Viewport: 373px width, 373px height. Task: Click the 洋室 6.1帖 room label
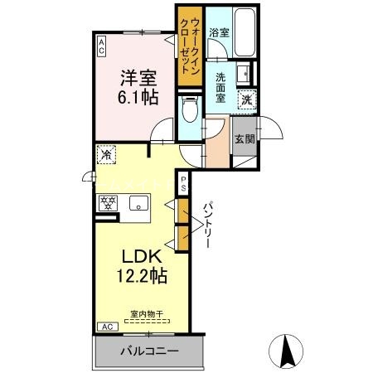click(138, 88)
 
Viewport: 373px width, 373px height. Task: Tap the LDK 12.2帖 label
click(142, 266)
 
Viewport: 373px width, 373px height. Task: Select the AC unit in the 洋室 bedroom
click(102, 46)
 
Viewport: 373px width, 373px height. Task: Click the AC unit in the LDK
click(108, 327)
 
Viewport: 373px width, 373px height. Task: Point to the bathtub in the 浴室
click(245, 31)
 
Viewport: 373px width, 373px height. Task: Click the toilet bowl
click(190, 109)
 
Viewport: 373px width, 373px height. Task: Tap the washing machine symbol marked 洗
click(247, 99)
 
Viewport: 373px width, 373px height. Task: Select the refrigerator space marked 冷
click(106, 155)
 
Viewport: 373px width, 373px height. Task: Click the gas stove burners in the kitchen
click(108, 203)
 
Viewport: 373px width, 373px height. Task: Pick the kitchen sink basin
click(139, 203)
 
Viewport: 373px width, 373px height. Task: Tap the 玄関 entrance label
click(245, 139)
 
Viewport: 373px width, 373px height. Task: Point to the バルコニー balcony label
click(149, 351)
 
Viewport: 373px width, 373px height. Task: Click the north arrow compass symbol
click(286, 351)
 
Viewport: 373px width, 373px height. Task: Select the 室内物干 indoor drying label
click(147, 314)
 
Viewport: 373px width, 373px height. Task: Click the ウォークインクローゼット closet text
click(190, 46)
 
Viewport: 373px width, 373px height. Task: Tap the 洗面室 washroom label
click(220, 88)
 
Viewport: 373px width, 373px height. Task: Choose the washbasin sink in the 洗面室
click(244, 74)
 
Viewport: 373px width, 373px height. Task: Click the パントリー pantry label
click(208, 225)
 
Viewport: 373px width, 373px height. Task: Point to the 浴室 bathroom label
click(219, 32)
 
